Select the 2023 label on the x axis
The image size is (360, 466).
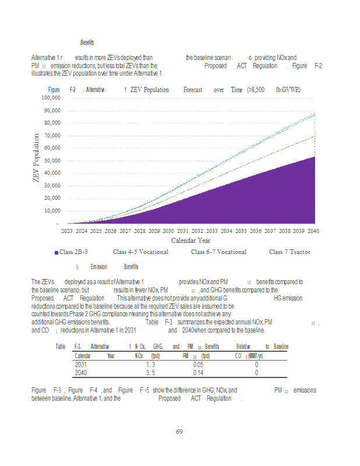click(68, 231)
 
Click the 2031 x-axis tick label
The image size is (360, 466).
click(183, 231)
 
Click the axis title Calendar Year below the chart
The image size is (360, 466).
click(190, 241)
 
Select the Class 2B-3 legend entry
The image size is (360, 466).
click(73, 252)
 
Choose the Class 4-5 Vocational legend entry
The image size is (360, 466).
click(140, 252)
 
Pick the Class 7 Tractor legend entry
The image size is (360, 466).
click(290, 252)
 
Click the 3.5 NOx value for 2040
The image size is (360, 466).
click(150, 373)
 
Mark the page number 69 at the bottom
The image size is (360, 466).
click(180, 432)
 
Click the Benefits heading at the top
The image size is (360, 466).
click(87, 43)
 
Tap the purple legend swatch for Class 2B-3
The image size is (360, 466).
click(56, 252)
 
